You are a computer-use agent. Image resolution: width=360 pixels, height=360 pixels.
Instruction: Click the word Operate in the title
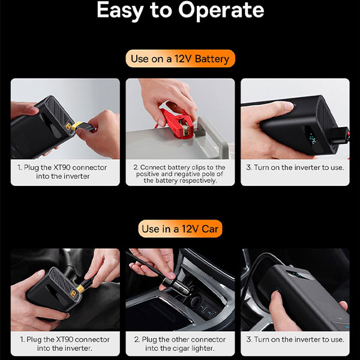pos(221,11)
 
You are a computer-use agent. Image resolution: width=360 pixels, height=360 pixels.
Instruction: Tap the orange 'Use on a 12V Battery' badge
pos(180,59)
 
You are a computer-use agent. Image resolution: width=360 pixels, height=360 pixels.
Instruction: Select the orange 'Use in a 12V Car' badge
pos(180,229)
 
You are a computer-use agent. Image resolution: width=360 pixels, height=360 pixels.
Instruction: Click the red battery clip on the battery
pos(176,124)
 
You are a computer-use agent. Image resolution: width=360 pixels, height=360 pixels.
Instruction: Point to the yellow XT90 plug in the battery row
pos(77,126)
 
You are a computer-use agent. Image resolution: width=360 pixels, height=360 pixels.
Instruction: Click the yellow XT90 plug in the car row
pos(81,289)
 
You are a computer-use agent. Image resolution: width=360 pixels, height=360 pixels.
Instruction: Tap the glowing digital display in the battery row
pos(313,140)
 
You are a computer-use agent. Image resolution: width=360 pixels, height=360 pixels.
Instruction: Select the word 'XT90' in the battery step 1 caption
pos(62,167)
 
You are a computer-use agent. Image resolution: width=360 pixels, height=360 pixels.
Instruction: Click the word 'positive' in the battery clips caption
pos(148,174)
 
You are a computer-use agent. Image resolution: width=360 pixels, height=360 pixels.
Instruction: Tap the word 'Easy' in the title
pos(120,11)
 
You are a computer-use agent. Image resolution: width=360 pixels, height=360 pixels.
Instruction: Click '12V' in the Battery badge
pos(183,59)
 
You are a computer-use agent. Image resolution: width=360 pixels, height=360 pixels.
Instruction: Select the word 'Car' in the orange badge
pos(209,229)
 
